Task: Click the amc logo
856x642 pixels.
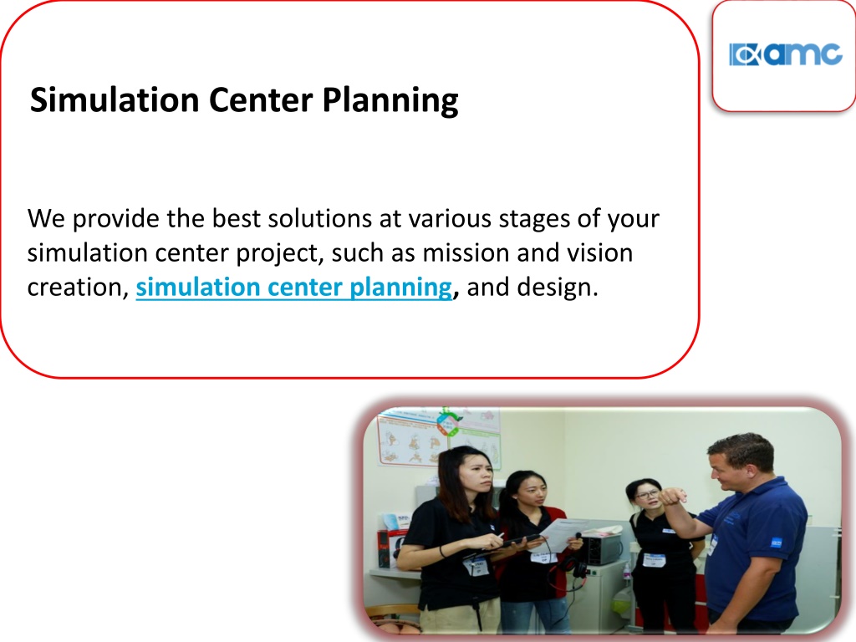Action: (x=785, y=54)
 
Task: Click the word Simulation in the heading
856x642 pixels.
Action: (x=115, y=99)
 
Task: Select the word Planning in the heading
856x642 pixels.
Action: (x=390, y=101)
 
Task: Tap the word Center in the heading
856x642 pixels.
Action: (x=261, y=99)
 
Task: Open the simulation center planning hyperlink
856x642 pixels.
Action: (x=294, y=288)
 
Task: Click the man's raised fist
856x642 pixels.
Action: (x=673, y=496)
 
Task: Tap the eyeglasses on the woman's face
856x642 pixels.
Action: (x=648, y=495)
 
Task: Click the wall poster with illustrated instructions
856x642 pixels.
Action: (x=438, y=436)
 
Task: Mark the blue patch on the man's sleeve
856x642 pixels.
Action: (x=776, y=543)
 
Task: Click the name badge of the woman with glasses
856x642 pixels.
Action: (x=654, y=560)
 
